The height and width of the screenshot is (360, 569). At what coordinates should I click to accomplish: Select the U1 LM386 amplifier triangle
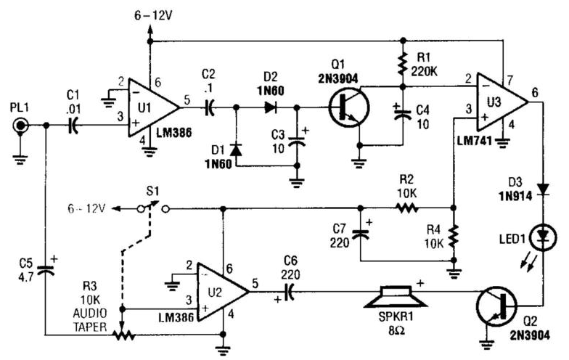point(150,106)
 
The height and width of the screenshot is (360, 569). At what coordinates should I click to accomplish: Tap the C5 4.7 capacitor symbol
point(46,269)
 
